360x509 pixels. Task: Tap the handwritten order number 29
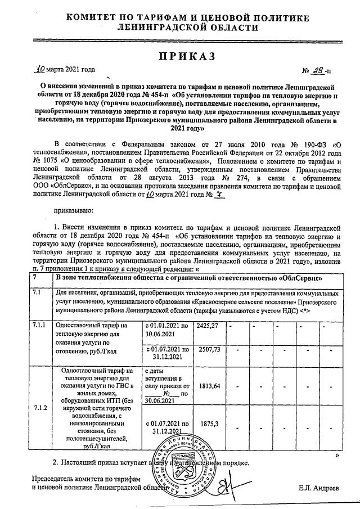pos(318,71)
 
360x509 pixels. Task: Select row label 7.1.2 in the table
pos(40,407)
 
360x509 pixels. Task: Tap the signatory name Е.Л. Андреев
pos(319,488)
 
